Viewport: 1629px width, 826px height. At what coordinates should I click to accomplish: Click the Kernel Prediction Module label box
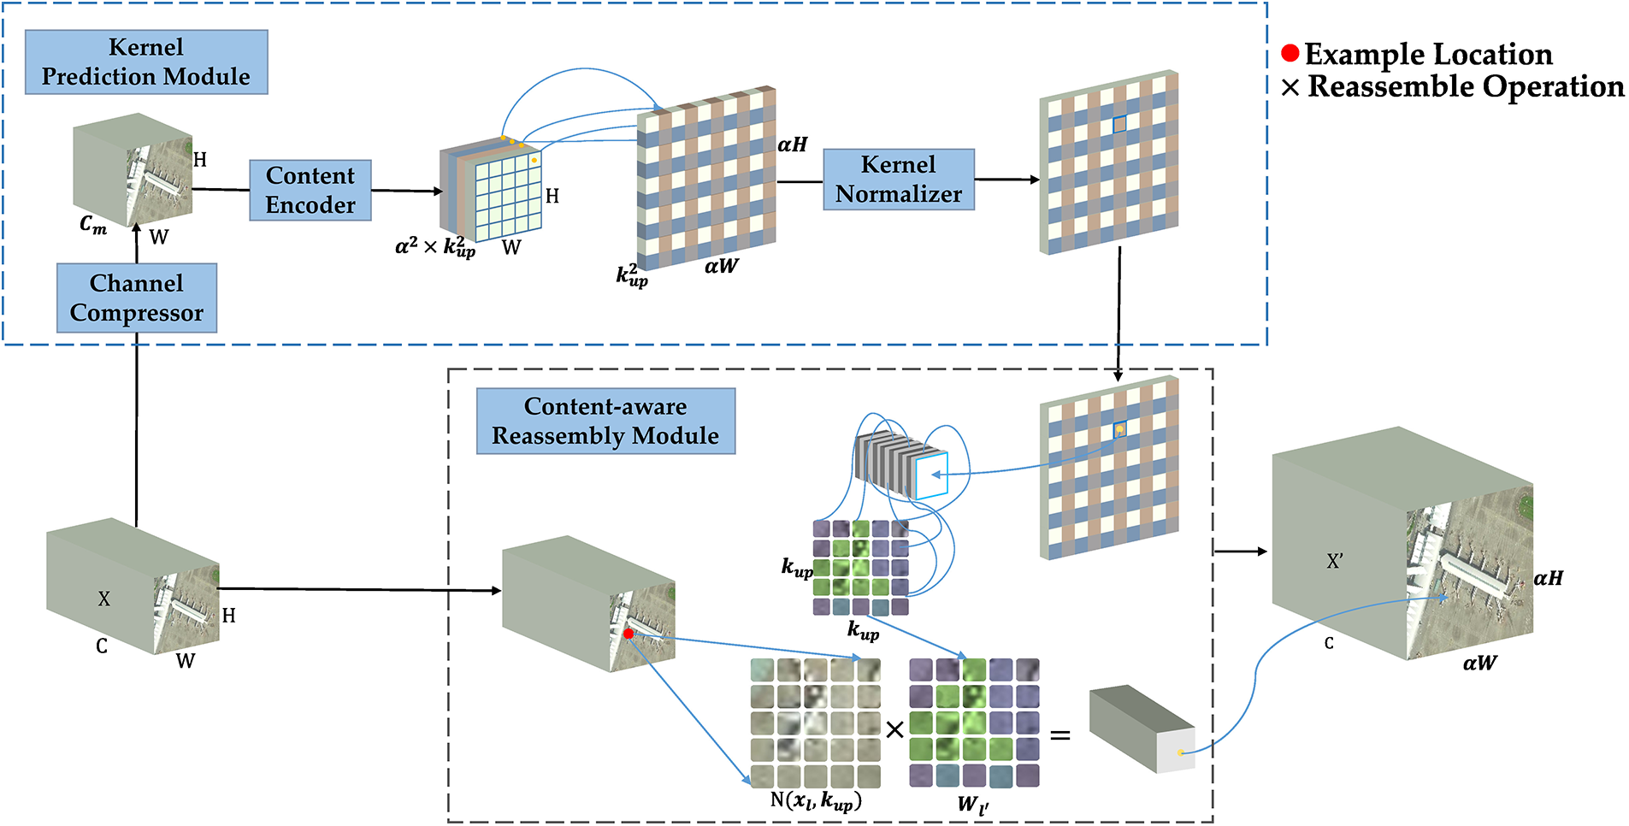(x=146, y=62)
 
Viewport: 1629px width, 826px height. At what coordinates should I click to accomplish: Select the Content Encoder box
(x=310, y=190)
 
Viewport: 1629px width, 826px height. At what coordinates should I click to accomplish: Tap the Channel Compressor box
(x=137, y=298)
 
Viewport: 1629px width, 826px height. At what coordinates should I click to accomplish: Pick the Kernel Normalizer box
(x=899, y=180)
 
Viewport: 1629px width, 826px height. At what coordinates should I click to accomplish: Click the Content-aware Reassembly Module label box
(x=605, y=421)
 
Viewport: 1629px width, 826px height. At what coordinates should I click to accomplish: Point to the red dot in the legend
(x=1290, y=54)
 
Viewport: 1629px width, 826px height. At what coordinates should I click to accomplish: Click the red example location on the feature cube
(x=629, y=634)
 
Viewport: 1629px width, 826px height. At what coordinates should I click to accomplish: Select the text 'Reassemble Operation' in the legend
(x=1466, y=86)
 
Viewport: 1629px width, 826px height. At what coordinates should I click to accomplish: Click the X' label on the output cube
(x=1335, y=561)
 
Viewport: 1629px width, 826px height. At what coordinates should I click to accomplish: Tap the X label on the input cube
(x=103, y=599)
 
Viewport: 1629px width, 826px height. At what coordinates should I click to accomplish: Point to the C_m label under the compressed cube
(x=93, y=225)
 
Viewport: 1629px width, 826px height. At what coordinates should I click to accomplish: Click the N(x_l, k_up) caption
(x=816, y=801)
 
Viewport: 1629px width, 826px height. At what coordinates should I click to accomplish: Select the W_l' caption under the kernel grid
(x=973, y=804)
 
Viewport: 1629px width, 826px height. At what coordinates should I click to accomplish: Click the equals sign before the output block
(x=1060, y=735)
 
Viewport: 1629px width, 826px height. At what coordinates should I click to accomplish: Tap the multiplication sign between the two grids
(x=894, y=729)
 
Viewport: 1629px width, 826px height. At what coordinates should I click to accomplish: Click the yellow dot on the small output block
(x=1180, y=752)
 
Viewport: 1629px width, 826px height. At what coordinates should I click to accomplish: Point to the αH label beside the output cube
(x=1549, y=578)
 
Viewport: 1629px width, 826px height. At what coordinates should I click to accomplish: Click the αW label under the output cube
(x=1480, y=663)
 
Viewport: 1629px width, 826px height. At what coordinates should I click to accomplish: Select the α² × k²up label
(x=435, y=246)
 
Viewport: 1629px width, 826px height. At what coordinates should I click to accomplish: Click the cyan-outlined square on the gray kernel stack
(x=931, y=475)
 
